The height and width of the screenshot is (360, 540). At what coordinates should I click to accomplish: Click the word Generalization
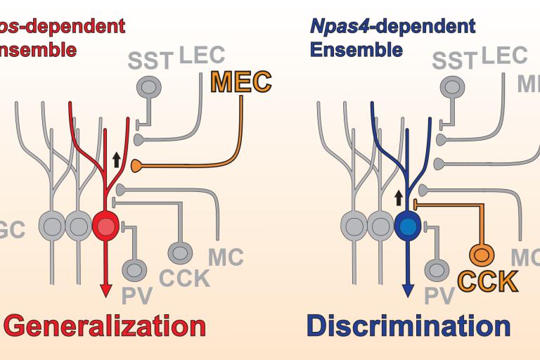107,326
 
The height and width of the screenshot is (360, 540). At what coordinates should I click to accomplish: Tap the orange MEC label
241,82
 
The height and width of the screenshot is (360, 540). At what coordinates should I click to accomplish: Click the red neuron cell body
105,226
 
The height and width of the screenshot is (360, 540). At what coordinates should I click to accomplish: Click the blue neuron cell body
407,226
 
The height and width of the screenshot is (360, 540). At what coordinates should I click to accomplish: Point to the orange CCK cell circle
482,252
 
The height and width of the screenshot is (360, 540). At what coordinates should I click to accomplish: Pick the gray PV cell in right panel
437,269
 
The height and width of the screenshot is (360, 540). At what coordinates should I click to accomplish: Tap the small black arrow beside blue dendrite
397,196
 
